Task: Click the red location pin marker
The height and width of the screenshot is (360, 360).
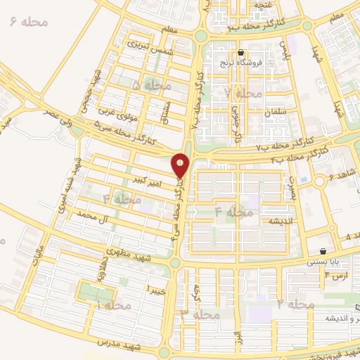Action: [x=181, y=165]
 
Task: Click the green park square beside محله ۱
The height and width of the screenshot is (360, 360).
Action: [x=89, y=291]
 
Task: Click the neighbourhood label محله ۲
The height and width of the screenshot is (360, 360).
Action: [x=294, y=304]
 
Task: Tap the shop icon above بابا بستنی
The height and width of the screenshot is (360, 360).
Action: [x=323, y=251]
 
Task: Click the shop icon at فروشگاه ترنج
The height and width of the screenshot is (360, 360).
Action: [x=241, y=53]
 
